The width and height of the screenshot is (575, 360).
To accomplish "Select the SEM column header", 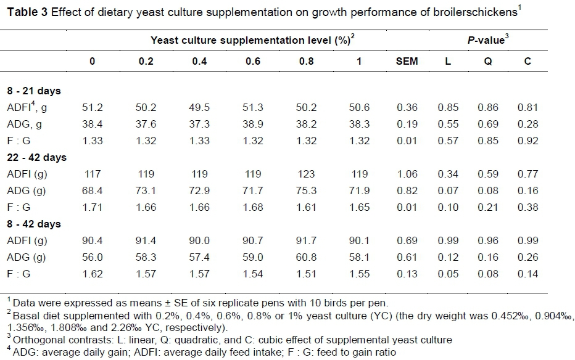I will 407,61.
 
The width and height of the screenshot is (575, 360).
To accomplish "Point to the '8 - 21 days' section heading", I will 35,91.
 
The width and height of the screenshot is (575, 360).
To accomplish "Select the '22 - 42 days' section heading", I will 38,157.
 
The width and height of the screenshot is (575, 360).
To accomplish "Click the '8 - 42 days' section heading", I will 35,224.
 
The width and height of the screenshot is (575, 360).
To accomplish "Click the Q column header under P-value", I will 488,61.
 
